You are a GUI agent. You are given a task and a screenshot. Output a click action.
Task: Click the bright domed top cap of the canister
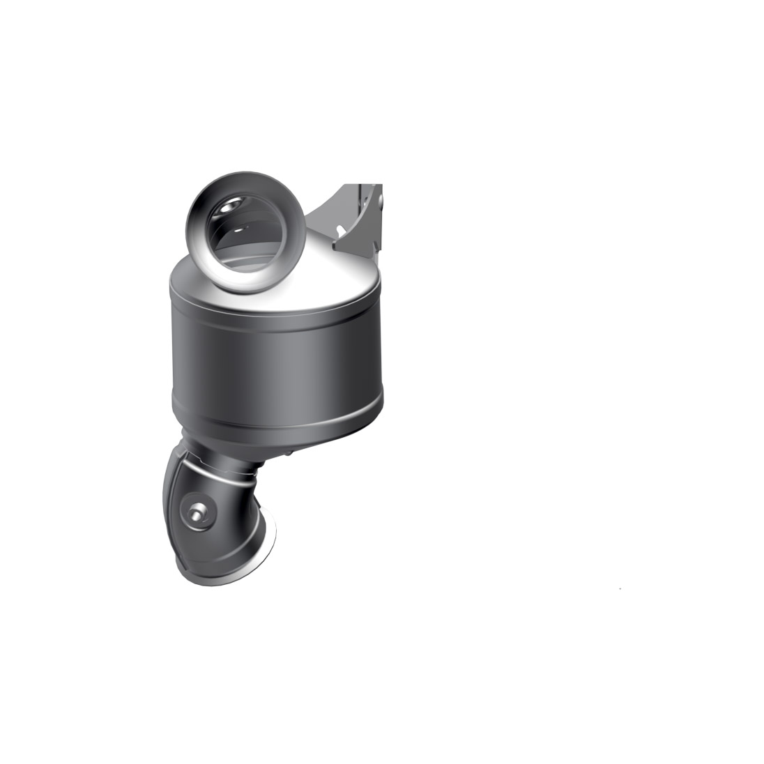point(335,275)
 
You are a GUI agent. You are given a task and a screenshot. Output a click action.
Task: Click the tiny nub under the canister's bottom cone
point(286,457)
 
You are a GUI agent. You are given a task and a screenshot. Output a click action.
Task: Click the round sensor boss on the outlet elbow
point(196,514)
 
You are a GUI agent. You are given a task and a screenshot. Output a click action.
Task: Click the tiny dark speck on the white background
point(620,589)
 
